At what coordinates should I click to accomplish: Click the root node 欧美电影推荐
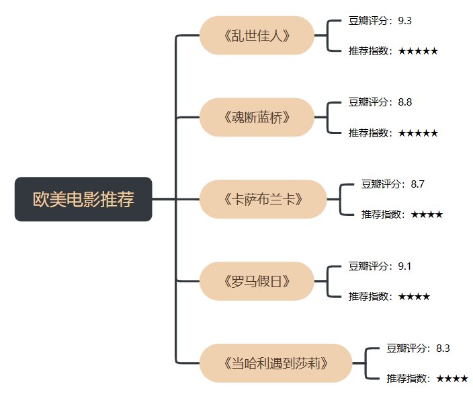[x=83, y=199]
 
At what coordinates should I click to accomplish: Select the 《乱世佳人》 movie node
[x=257, y=35]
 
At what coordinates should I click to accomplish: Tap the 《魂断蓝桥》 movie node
[x=257, y=117]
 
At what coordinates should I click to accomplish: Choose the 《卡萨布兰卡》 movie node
[x=263, y=199]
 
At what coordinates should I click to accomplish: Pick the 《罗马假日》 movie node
[x=257, y=281]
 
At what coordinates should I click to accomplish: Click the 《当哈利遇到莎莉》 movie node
[x=275, y=363]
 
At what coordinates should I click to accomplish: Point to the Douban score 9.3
[x=404, y=21]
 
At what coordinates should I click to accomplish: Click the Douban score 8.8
[x=404, y=102]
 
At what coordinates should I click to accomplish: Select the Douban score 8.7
[x=417, y=184]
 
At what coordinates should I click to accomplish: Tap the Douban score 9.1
[x=404, y=266]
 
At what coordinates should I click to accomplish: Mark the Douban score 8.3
[x=443, y=348]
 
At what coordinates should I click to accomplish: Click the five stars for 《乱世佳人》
[x=418, y=51]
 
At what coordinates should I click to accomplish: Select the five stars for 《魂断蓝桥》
[x=418, y=133]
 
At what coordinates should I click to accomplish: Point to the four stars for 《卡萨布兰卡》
[x=427, y=215]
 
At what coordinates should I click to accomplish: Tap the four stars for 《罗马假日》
[x=414, y=297]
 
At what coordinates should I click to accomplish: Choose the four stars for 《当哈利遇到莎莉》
[x=452, y=379]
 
